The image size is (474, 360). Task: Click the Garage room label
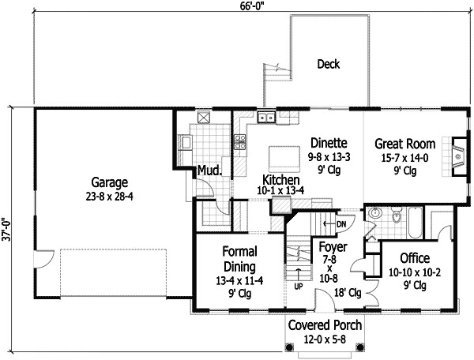pos(110,182)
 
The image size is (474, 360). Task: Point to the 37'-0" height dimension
pos(6,230)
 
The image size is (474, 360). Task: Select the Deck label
pos(329,64)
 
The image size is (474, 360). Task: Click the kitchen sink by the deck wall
pos(266,117)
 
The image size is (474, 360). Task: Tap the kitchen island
pos(284,159)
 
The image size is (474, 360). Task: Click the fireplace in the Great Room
pos(460,156)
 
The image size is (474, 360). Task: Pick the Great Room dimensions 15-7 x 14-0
pos(404,158)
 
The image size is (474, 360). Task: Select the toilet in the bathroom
pos(396,215)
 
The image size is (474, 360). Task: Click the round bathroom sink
pos(375,213)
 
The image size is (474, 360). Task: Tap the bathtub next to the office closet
pos(415,223)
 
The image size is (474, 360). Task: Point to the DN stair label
pos(341,224)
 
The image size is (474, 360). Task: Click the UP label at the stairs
pos(299,287)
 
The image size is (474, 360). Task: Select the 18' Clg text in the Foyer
pos(348,293)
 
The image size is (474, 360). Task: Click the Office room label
pos(415,258)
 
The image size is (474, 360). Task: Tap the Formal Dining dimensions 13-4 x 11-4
pos(239,281)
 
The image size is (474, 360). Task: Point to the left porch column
pos(289,347)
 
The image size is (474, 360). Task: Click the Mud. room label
pos(209,171)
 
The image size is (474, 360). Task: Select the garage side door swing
pos(44,259)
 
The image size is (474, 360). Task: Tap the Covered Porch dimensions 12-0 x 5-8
pos(325,339)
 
